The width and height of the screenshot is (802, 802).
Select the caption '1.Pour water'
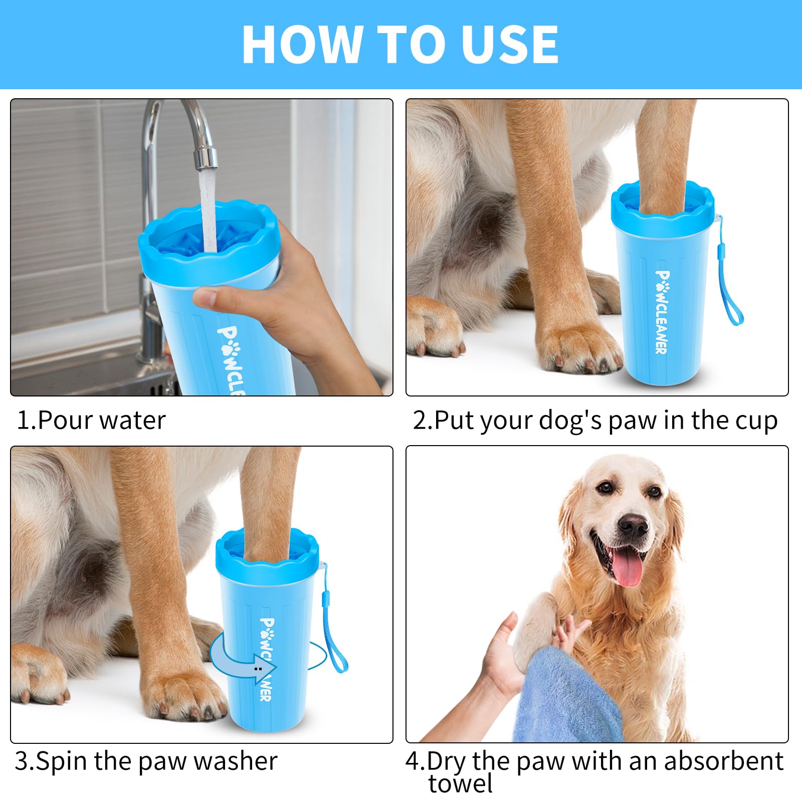coord(91,420)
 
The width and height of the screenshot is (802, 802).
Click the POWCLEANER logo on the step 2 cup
coord(662,312)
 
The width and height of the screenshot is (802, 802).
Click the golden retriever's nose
coord(633,525)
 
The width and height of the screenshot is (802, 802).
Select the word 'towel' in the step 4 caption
coord(460,783)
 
